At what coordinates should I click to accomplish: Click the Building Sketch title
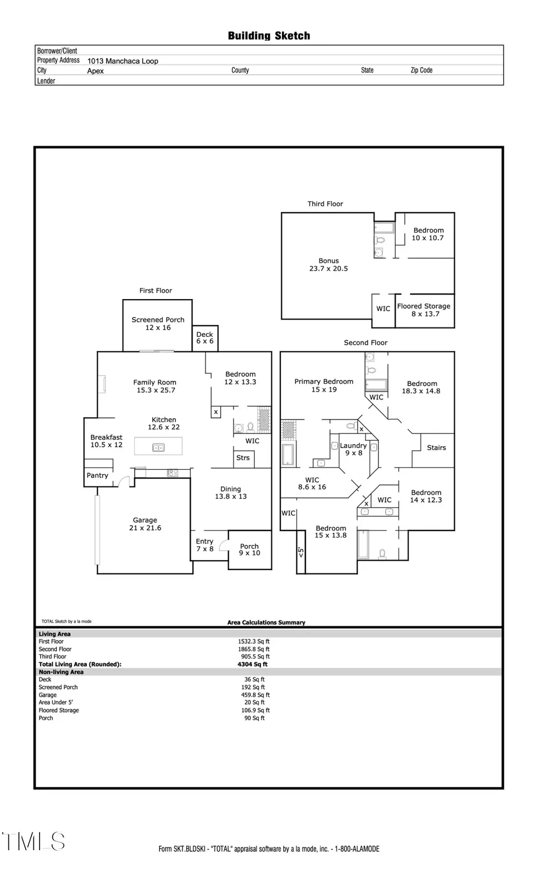[x=269, y=36]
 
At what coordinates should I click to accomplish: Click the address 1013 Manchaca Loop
[x=123, y=61]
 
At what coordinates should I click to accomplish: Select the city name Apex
[x=96, y=71]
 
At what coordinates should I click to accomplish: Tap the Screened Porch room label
[x=158, y=324]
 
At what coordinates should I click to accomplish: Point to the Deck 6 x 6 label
[x=205, y=338]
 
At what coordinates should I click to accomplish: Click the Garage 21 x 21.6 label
[x=145, y=524]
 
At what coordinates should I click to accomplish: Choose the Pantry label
[x=97, y=475]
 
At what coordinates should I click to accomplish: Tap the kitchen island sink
[x=158, y=447]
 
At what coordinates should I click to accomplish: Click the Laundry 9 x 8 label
[x=353, y=449]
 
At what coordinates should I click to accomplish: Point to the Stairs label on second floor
[x=436, y=447]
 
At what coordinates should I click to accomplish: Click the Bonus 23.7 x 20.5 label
[x=328, y=264]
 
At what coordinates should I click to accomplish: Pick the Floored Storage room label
[x=424, y=310]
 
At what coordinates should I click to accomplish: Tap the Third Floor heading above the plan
[x=325, y=204]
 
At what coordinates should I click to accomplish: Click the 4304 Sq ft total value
[x=252, y=664]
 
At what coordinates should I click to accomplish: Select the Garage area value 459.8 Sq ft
[x=255, y=695]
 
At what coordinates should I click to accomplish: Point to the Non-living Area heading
[x=61, y=672]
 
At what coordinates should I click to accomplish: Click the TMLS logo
[x=33, y=841]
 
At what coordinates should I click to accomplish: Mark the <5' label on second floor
[x=300, y=552]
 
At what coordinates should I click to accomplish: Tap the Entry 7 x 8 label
[x=205, y=545]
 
